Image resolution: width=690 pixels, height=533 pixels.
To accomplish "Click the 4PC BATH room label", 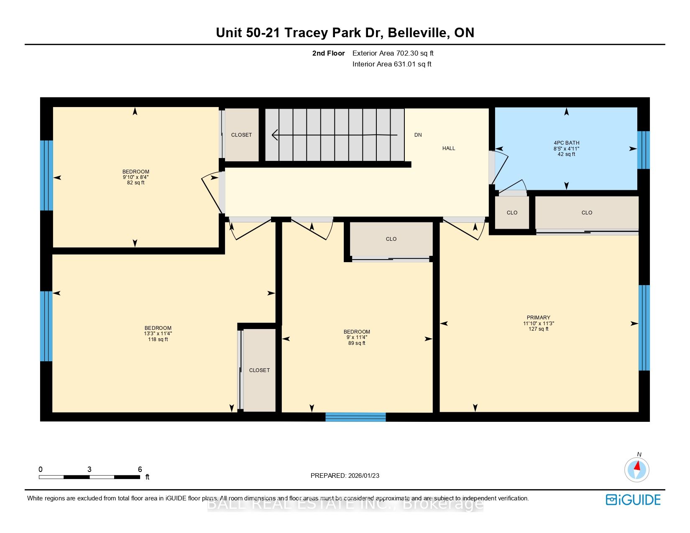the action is [567, 143].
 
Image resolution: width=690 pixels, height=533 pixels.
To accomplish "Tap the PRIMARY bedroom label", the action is [539, 317].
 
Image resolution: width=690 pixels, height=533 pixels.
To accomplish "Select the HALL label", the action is [449, 148].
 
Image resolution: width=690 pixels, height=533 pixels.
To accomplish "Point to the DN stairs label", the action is [418, 135].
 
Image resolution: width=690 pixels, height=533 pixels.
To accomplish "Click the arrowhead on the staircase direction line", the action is [275, 135].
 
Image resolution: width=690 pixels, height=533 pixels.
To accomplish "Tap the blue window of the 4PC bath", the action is [644, 150].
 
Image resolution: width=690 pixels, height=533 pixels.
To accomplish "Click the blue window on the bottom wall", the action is [355, 417].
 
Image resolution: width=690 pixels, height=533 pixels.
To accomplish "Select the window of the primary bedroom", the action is [644, 328].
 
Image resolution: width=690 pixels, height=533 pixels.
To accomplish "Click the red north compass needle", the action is [637, 466].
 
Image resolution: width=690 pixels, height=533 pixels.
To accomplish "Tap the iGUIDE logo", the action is [633, 500].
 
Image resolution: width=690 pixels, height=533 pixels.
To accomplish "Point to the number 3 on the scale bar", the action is [89, 469].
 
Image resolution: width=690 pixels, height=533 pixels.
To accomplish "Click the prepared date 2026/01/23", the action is [363, 476].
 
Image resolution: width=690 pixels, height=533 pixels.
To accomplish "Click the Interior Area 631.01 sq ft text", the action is [392, 64].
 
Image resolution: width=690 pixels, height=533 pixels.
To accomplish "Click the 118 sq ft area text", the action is [158, 339].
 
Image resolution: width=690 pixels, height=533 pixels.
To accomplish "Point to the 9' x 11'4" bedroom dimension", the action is [357, 337].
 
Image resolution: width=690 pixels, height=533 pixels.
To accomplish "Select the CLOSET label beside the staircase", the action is [241, 135].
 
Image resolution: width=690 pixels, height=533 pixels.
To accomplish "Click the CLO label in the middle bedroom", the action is [391, 239].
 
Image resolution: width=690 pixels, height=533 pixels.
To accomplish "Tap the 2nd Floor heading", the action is [328, 54].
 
